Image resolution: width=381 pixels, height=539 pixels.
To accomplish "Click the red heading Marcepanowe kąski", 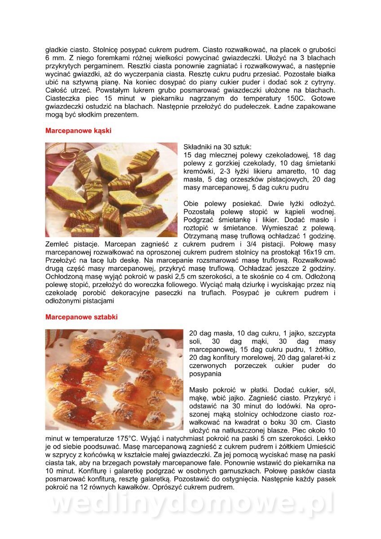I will click(x=78, y=131).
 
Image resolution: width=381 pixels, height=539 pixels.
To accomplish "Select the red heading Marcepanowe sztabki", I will click(x=81, y=317).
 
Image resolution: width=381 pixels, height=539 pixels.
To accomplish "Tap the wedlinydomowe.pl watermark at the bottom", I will click(x=191, y=504).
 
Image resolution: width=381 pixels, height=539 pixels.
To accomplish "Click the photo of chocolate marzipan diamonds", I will click(x=111, y=190).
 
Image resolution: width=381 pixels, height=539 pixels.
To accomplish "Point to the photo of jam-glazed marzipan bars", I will click(x=114, y=380).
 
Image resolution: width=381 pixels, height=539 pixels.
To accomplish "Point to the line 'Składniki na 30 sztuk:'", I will click(x=218, y=147).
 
